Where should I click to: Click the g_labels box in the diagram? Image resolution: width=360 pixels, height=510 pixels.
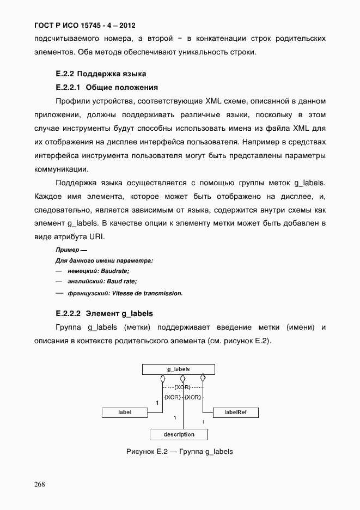click(x=178, y=369)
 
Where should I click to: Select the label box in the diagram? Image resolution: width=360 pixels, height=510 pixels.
click(x=125, y=412)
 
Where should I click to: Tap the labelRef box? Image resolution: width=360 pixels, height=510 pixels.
click(x=235, y=412)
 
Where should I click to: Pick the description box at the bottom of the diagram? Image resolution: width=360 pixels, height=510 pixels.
click(x=179, y=434)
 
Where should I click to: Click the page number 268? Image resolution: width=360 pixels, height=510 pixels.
click(x=39, y=484)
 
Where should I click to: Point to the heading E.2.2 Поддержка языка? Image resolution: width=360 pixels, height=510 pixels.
click(x=101, y=73)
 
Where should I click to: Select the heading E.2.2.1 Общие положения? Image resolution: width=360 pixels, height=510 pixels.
click(x=107, y=87)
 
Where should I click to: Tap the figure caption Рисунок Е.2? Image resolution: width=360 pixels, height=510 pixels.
click(x=179, y=452)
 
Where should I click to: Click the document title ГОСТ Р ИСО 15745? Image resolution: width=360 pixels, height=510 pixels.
click(x=84, y=26)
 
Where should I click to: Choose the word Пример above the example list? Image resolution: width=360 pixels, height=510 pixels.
click(x=67, y=250)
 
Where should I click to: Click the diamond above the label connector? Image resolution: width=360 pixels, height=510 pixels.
click(x=162, y=378)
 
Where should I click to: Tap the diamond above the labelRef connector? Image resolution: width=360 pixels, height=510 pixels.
click(x=203, y=378)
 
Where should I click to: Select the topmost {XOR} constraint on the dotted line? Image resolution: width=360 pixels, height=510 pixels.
click(x=183, y=387)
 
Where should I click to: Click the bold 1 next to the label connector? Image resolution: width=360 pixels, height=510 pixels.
click(x=157, y=403)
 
